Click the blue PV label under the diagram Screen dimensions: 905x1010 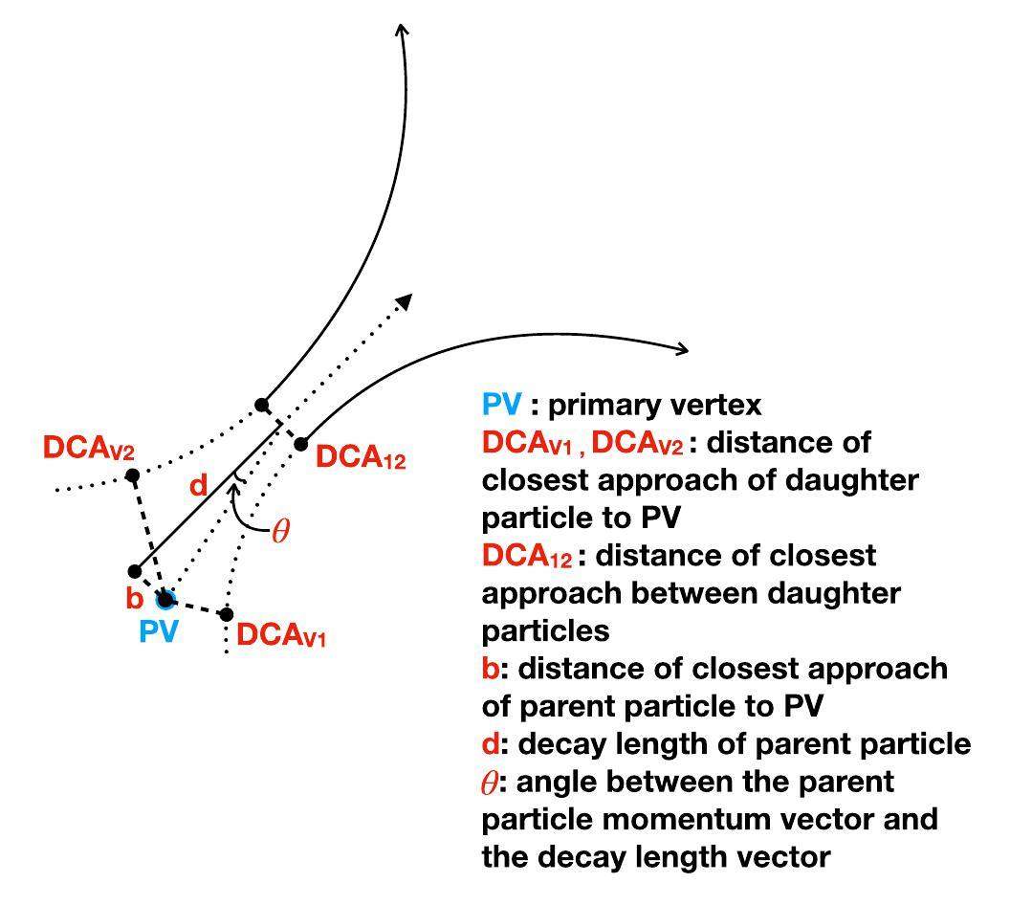coord(159,632)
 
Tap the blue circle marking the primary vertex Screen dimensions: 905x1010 coord(165,600)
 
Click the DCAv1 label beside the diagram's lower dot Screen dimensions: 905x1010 coord(281,635)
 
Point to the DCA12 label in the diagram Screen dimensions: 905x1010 coord(361,458)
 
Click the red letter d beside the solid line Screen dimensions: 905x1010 coord(198,486)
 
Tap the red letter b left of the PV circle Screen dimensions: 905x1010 coord(134,600)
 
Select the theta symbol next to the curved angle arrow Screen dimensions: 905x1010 coord(279,532)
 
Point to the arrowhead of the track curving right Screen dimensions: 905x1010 coord(681,349)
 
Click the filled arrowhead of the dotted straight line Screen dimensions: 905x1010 coord(405,300)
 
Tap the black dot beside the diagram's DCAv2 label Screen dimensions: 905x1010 coord(133,475)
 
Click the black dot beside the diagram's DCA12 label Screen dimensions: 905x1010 coord(300,444)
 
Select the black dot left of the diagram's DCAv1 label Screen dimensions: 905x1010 coord(227,614)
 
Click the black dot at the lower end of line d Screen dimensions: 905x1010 coord(135,571)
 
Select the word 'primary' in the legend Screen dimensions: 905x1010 coord(611,405)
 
